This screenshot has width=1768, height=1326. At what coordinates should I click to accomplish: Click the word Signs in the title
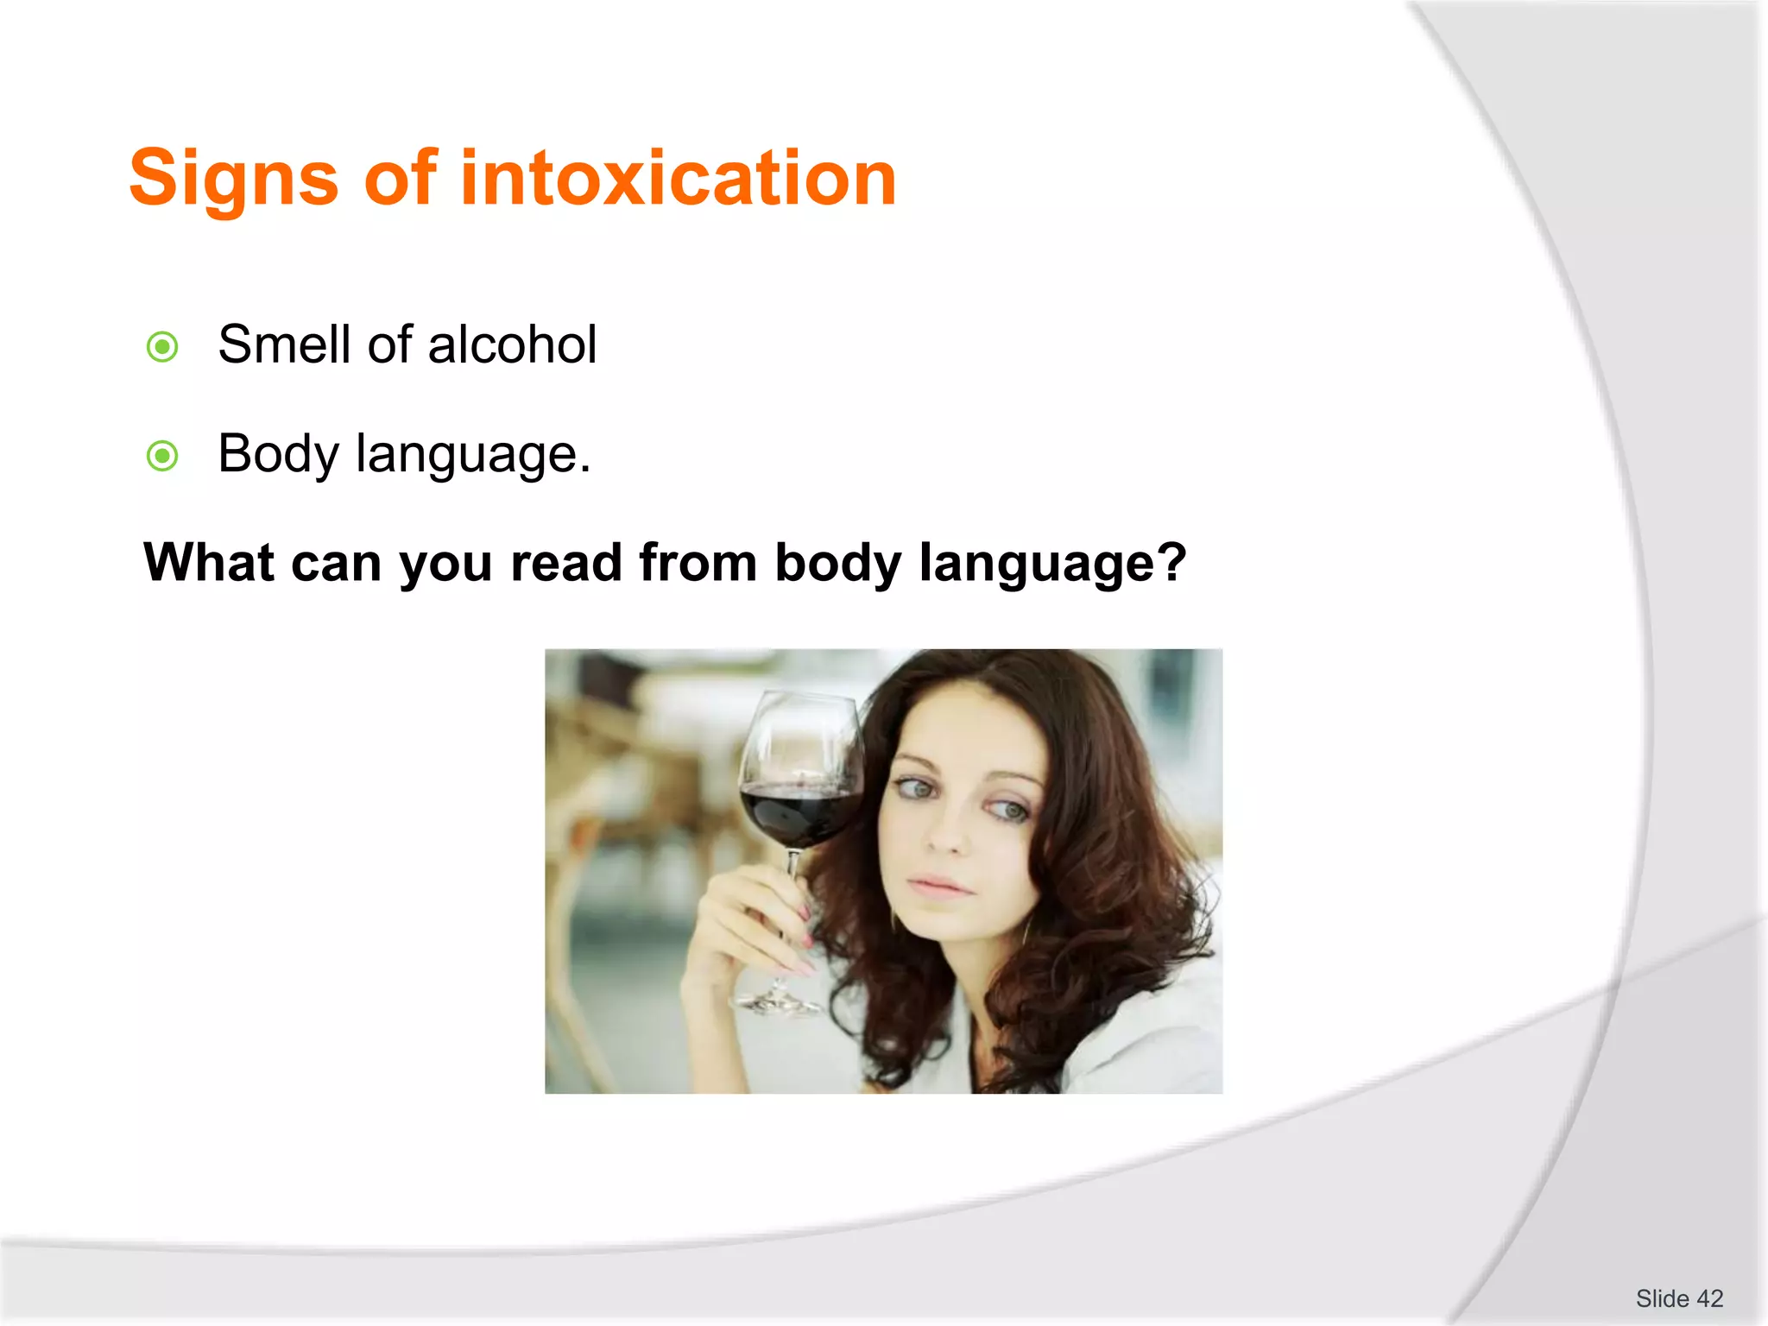(x=233, y=179)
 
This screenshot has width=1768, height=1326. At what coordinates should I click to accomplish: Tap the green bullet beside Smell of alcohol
(x=162, y=347)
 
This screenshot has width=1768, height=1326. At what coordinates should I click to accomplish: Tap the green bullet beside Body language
(x=162, y=456)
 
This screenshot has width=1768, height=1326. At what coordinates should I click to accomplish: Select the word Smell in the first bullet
(x=285, y=344)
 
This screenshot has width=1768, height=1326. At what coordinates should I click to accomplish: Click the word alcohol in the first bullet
(x=512, y=344)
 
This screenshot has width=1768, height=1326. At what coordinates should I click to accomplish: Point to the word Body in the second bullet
(x=278, y=455)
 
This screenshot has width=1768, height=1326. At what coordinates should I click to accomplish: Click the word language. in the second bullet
(x=473, y=455)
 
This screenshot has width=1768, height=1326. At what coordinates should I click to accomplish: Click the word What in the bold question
(x=209, y=563)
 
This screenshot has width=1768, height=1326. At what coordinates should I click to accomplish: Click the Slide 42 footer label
(x=1678, y=1298)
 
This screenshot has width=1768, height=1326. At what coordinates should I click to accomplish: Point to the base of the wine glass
(x=778, y=1003)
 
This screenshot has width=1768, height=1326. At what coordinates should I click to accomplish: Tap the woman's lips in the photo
(x=938, y=884)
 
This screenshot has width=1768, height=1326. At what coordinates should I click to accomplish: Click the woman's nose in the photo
(x=947, y=833)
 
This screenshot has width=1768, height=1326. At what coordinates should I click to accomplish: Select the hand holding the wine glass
(x=742, y=932)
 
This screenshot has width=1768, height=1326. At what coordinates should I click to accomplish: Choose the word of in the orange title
(x=401, y=179)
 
